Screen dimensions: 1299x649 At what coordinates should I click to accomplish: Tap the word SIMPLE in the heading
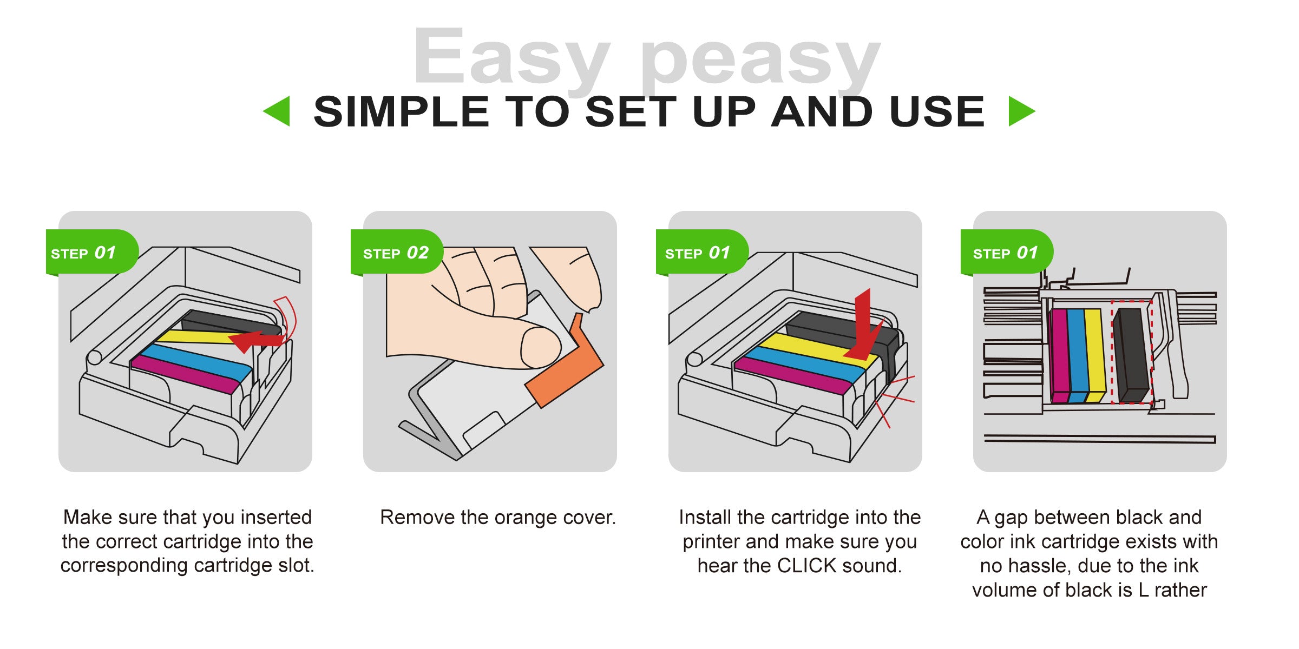click(x=402, y=112)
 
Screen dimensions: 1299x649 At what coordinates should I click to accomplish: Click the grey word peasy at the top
click(x=760, y=62)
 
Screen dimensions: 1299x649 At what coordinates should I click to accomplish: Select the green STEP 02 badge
click(x=397, y=252)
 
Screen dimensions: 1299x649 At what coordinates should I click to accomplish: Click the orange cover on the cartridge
click(x=566, y=362)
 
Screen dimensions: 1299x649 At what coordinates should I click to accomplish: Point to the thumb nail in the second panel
click(x=540, y=348)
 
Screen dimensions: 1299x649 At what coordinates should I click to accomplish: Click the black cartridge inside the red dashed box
click(x=1131, y=355)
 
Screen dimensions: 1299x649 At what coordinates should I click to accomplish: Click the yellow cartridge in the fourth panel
click(x=1095, y=355)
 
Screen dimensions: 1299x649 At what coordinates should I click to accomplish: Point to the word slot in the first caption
click(x=296, y=566)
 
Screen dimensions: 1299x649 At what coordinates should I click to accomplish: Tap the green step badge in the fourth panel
click(x=1007, y=252)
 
